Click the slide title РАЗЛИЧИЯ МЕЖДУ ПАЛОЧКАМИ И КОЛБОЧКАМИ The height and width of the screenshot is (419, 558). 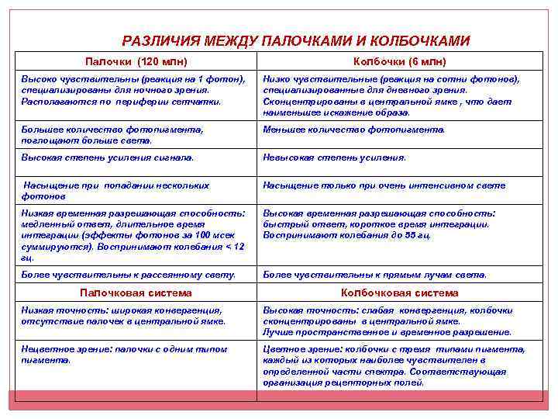(x=296, y=40)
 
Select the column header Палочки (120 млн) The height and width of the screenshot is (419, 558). (x=136, y=61)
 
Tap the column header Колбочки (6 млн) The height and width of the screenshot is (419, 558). (x=400, y=61)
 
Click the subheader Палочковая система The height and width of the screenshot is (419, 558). (x=136, y=293)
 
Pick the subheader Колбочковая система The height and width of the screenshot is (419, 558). (x=400, y=293)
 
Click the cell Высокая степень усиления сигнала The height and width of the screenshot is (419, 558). (x=108, y=158)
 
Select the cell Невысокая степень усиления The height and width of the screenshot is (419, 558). (x=334, y=158)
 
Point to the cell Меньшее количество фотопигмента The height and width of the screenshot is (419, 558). (x=354, y=130)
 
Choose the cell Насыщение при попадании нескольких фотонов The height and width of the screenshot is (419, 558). (x=115, y=191)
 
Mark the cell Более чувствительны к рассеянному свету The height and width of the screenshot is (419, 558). (x=128, y=274)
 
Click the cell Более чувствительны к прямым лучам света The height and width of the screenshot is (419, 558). (x=375, y=274)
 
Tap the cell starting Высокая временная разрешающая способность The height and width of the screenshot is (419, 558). (x=379, y=223)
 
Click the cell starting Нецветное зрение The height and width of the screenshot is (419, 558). (x=124, y=355)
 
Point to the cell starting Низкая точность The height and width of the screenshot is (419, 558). (x=123, y=315)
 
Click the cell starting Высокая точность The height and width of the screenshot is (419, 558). (x=387, y=320)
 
